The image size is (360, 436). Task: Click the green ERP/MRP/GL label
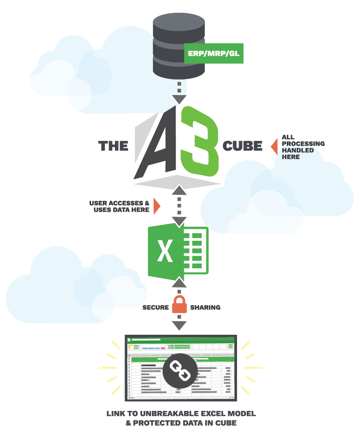pyautogui.click(x=214, y=54)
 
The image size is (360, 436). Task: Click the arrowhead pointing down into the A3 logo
pyautogui.click(x=179, y=99)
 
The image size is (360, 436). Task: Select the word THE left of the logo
pyautogui.click(x=113, y=146)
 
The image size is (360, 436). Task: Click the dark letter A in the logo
pyautogui.click(x=160, y=145)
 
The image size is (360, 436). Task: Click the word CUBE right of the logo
pyautogui.click(x=242, y=146)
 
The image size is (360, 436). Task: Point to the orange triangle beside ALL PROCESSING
pyautogui.click(x=274, y=146)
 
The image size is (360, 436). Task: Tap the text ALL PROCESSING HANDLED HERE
pyautogui.click(x=303, y=147)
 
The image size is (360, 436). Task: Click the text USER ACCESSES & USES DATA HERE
pyautogui.click(x=119, y=206)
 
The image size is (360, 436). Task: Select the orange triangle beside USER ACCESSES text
pyautogui.click(x=157, y=206)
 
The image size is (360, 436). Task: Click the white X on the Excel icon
pyautogui.click(x=165, y=251)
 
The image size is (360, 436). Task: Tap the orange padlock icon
pyautogui.click(x=179, y=305)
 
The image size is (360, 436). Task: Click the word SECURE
pyautogui.click(x=155, y=307)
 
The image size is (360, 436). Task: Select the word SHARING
pyautogui.click(x=205, y=307)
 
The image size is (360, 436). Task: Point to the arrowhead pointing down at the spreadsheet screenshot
pyautogui.click(x=179, y=325)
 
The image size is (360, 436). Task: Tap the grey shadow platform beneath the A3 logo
pyautogui.click(x=178, y=182)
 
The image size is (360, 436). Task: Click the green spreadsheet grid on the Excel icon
pyautogui.click(x=196, y=251)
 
